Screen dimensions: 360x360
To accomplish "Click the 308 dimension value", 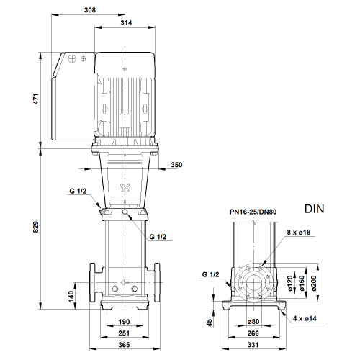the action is click(x=90, y=10).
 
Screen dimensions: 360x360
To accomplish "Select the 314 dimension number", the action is click(x=126, y=23).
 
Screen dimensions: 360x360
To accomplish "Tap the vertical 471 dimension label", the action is click(x=36, y=99).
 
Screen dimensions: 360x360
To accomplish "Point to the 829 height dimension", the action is click(x=35, y=227).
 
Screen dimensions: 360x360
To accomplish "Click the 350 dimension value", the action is click(x=176, y=165).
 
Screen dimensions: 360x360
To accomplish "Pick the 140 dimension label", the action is click(x=71, y=296).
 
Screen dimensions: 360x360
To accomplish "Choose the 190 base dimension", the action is click(x=124, y=322).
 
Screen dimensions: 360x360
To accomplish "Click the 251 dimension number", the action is click(x=124, y=333).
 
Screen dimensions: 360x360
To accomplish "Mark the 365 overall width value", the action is click(x=124, y=345).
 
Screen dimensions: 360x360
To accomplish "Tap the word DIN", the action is click(x=315, y=209).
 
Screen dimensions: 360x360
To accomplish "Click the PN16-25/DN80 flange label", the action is click(x=253, y=212).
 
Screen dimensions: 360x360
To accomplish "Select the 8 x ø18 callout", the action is click(x=299, y=233).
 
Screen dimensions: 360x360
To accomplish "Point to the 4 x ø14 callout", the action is click(x=305, y=318).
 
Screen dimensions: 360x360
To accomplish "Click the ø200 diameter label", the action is click(x=314, y=284).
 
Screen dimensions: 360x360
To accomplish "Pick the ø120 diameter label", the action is click(x=290, y=284).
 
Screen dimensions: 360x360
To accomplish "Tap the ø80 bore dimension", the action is click(x=253, y=321).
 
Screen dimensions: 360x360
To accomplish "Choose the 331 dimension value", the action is click(x=253, y=345).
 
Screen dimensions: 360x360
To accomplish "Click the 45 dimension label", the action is click(x=210, y=323).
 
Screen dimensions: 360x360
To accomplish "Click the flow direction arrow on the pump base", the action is click(x=125, y=282).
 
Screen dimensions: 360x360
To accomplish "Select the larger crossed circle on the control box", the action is click(x=72, y=58).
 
